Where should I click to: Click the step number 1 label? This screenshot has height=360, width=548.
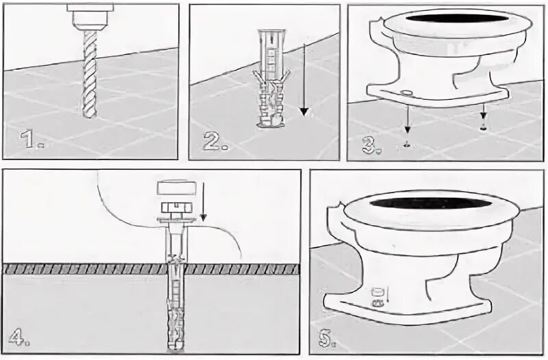[x=32, y=139]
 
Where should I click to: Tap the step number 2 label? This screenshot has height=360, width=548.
[x=215, y=141]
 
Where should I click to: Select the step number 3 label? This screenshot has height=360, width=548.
[x=371, y=144]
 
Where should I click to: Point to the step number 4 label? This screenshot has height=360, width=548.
[x=19, y=337]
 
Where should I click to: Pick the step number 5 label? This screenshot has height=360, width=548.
[x=327, y=338]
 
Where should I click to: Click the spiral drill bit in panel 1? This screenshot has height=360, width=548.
[x=90, y=74]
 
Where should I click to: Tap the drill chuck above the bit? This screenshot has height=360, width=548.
[x=90, y=16]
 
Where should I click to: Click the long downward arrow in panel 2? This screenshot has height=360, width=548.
[x=304, y=79]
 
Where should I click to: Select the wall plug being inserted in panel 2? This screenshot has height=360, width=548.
[x=271, y=79]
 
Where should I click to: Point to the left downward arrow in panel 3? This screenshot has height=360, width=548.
[x=407, y=118]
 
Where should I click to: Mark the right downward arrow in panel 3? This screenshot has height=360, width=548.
[x=484, y=111]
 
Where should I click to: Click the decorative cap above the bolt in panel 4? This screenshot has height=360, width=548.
[x=176, y=188]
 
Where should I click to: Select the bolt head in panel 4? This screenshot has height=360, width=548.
[x=176, y=207]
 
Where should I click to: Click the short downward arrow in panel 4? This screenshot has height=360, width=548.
[x=203, y=202]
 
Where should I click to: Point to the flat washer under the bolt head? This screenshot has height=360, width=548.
[x=176, y=220]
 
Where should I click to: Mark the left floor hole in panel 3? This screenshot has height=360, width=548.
[x=407, y=144]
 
